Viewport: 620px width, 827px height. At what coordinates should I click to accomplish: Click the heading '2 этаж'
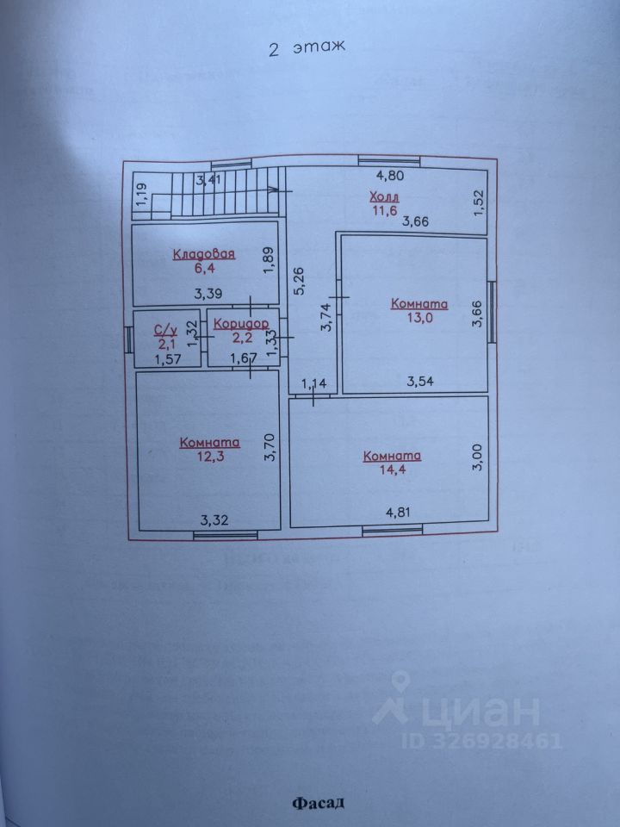(x=307, y=49)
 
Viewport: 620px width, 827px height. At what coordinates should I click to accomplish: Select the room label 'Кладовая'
(x=204, y=253)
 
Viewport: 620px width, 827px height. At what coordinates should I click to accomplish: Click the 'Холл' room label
(x=383, y=197)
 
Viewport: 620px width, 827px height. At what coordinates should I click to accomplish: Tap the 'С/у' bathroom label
(x=165, y=329)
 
